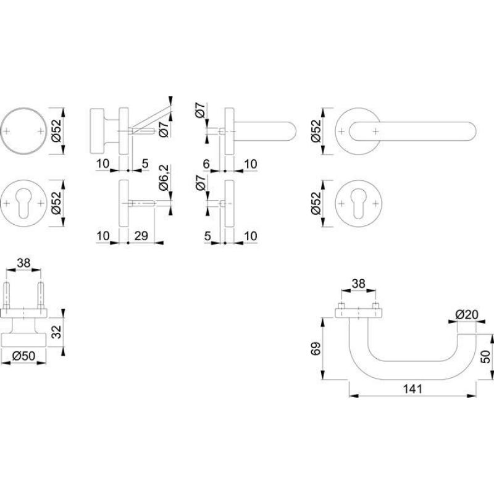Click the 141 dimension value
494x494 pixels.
tap(412, 389)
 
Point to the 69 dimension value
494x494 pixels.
tap(316, 348)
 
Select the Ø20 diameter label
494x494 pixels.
tap(467, 314)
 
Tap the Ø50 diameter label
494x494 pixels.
tap(23, 356)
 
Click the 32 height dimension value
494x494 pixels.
tap(56, 332)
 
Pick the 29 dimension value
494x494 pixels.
tap(141, 235)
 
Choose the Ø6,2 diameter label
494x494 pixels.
tap(164, 178)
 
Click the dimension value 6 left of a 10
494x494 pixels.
tap(206, 164)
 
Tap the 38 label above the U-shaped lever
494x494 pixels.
tap(358, 283)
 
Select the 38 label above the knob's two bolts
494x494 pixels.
tap(23, 262)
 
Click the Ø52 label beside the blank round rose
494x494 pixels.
tap(56, 131)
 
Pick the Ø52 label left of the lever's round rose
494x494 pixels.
tap(316, 131)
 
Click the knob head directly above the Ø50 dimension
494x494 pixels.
tap(23, 339)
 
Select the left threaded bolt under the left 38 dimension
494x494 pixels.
tap(7, 295)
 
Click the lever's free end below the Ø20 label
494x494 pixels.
tap(467, 335)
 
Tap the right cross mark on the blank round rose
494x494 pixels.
tap(41, 131)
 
